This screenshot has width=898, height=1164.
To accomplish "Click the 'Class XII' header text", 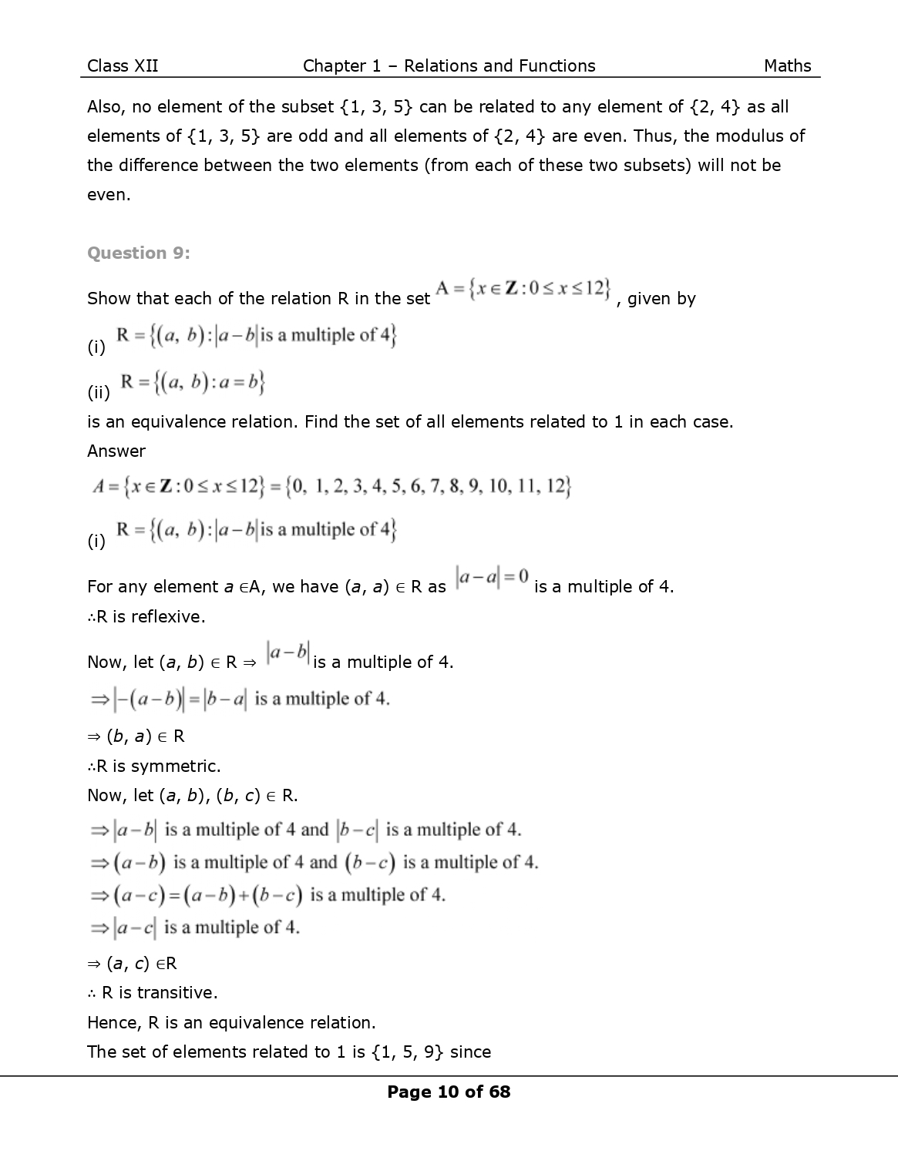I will coord(123,66).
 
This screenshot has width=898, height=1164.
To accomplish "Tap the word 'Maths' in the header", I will coord(787,66).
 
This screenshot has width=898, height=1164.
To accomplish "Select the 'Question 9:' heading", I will coord(139,253).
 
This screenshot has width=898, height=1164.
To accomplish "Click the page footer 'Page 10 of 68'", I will coord(449,1092).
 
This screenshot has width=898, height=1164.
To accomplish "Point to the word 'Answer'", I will coord(116,451).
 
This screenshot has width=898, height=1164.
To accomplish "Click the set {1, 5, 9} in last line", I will coord(408,1052).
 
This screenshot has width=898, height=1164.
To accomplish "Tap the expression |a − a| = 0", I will coord(492,576).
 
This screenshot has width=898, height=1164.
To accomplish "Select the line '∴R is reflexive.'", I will coord(146,616).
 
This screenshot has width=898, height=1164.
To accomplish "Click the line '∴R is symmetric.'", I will coord(154,766).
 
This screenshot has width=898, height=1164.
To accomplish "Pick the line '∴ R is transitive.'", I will coord(153,993).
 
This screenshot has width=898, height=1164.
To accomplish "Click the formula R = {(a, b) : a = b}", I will coord(191,384).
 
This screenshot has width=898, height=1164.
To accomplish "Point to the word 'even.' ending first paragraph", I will coord(109,194).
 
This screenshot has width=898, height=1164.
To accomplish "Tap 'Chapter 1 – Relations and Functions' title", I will coord(449,66).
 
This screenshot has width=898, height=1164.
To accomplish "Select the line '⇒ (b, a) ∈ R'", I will coord(136,736).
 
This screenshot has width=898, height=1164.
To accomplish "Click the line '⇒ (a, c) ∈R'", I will coord(133,964).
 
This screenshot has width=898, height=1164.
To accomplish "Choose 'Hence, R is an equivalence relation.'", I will coord(231,1023).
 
